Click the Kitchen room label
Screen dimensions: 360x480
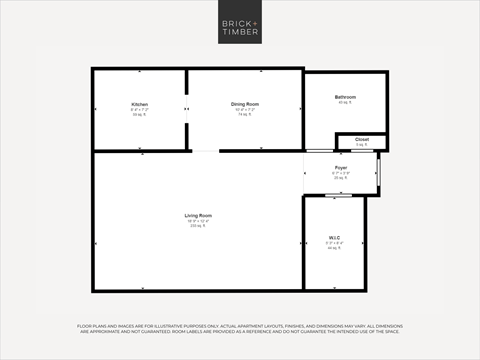139,104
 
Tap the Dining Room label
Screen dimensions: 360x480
245,104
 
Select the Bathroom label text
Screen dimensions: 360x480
346,97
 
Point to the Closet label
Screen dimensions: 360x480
362,139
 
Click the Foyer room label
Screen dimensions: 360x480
341,167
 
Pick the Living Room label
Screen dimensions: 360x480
198,215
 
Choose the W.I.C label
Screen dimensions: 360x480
335,237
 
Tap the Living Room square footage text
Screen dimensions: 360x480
198,226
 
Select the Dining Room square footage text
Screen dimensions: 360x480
245,115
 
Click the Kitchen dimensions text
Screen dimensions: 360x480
139,110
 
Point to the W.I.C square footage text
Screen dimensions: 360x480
335,248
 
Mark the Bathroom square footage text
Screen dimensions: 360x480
346,103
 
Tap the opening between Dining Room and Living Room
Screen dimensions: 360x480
205,151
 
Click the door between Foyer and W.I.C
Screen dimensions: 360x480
335,195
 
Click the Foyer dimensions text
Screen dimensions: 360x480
341,173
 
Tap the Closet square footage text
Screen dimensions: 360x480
362,144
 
